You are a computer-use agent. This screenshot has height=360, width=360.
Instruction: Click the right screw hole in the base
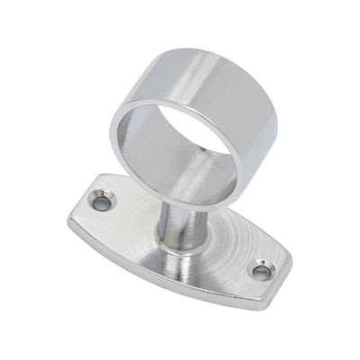click(261, 270)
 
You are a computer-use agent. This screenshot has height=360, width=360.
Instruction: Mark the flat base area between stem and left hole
click(130, 225)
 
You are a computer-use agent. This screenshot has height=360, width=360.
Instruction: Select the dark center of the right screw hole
click(261, 271)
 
